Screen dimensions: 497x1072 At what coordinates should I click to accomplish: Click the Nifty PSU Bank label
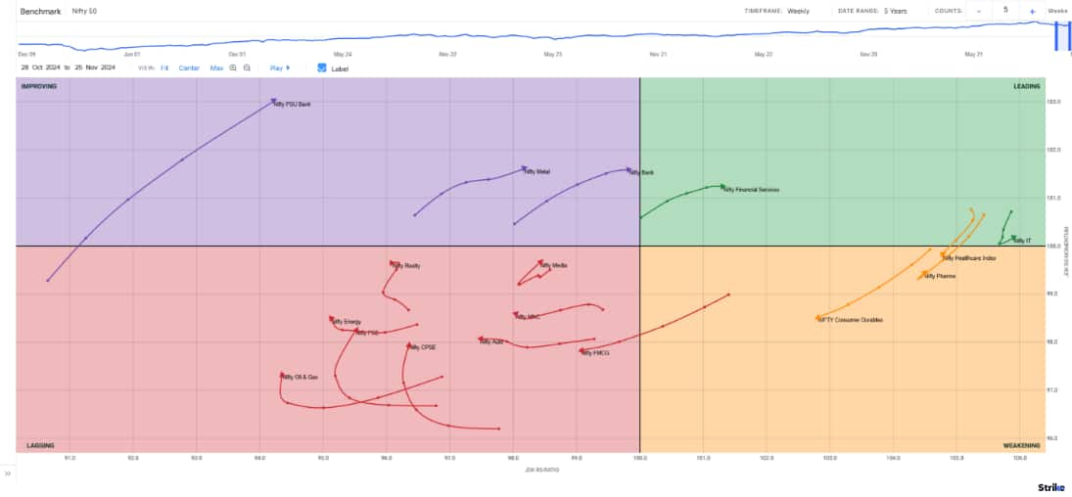click(293, 104)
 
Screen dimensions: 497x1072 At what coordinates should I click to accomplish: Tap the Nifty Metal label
click(537, 172)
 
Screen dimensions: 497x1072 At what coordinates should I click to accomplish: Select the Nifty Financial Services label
click(751, 190)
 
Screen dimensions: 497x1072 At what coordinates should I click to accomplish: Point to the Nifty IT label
click(1022, 240)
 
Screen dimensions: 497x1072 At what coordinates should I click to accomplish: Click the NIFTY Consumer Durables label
click(851, 320)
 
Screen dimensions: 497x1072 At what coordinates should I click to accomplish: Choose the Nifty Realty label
click(406, 266)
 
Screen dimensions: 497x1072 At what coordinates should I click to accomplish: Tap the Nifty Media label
click(553, 265)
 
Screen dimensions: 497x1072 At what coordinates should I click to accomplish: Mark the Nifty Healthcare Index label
click(970, 258)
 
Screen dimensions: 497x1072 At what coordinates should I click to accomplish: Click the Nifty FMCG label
click(596, 352)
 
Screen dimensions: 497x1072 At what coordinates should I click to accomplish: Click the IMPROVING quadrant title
click(39, 86)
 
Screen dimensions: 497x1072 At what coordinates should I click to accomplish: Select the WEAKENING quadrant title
click(1021, 445)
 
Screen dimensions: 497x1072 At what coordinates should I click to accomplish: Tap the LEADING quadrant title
click(1026, 86)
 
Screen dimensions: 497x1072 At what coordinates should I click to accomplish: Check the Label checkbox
click(322, 68)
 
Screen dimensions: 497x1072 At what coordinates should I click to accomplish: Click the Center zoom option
click(189, 68)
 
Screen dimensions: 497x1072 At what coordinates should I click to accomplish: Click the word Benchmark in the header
click(40, 11)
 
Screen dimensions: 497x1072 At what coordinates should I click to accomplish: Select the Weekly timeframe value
click(798, 11)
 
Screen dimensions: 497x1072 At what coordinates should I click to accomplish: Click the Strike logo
click(1050, 486)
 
